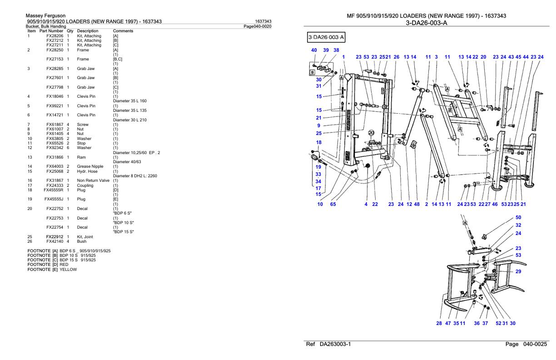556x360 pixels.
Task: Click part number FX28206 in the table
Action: click(55, 36)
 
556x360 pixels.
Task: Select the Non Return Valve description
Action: click(93, 180)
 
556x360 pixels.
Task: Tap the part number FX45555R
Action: click(53, 190)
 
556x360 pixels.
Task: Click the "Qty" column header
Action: click(70, 31)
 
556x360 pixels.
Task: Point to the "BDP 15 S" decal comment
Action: click(124, 232)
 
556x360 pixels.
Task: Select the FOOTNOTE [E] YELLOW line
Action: click(52, 270)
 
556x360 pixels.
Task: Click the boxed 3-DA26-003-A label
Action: click(326, 37)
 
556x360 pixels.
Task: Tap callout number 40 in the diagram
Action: click(314, 50)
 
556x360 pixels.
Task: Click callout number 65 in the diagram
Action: click(333, 204)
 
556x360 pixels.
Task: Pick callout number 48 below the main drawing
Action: click(417, 204)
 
